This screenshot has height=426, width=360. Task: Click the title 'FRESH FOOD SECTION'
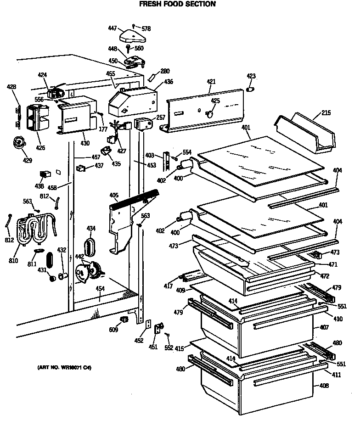177,4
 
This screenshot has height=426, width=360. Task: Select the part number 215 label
326,112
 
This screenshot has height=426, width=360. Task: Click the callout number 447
112,28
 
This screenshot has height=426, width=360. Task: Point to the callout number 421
211,82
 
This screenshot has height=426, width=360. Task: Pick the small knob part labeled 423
251,88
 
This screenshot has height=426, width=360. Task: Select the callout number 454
100,289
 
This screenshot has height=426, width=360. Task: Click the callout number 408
324,386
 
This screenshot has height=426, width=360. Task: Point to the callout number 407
324,327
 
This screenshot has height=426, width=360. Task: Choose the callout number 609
113,330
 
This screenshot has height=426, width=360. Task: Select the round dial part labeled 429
19,143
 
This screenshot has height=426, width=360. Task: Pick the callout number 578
146,28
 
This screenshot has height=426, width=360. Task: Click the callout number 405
114,196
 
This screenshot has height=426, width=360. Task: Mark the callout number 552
169,348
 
